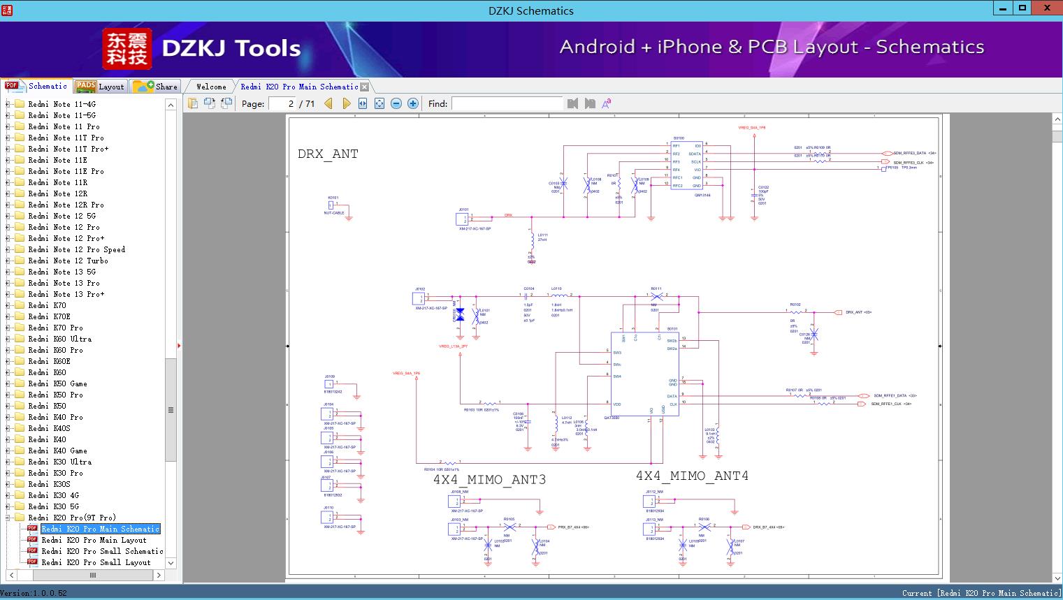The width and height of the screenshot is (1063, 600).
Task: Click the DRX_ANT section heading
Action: [x=328, y=154]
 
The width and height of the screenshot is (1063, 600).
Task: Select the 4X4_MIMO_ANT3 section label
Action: [x=489, y=479]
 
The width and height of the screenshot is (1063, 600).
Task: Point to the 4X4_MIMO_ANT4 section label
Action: [x=692, y=476]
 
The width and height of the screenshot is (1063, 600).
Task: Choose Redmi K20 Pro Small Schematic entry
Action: [x=102, y=551]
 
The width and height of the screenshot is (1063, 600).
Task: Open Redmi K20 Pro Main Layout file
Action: [x=94, y=540]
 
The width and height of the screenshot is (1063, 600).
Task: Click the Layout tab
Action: [x=100, y=87]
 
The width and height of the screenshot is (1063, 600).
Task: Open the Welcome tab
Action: [x=211, y=87]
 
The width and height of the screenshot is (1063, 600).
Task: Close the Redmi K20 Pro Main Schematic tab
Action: [x=364, y=87]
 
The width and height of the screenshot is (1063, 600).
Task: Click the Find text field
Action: [x=507, y=104]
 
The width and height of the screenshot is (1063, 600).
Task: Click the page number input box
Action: [x=282, y=104]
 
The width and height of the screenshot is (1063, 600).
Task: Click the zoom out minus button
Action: [x=396, y=104]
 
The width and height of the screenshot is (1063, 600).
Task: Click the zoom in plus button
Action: [x=413, y=104]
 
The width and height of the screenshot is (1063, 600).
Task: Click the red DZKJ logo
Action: [x=127, y=49]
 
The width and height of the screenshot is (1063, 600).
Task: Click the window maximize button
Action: [x=1022, y=8]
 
